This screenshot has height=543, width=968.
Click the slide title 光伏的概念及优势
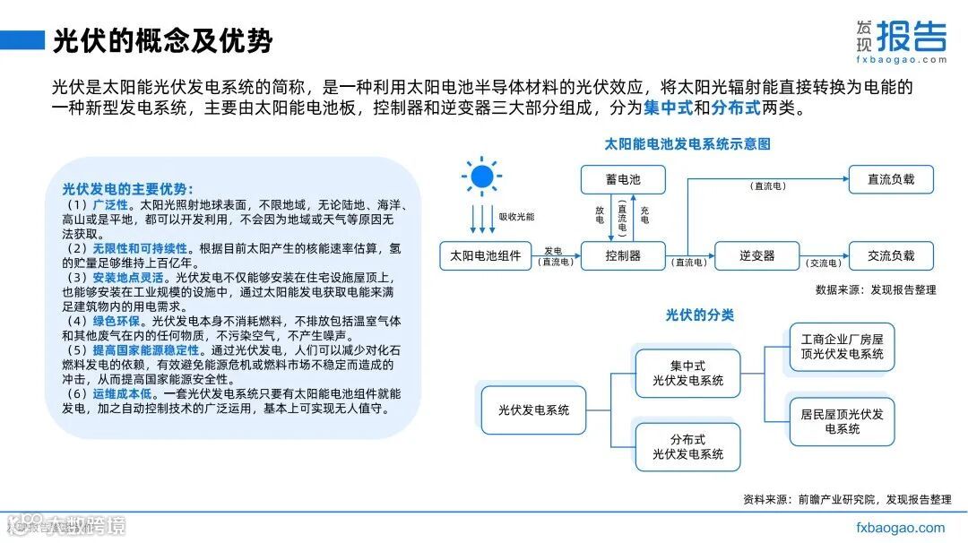[x=162, y=41]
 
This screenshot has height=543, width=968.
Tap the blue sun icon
[x=480, y=176]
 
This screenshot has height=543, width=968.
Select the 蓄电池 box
[x=623, y=179]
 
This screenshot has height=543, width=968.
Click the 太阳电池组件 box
[x=487, y=255]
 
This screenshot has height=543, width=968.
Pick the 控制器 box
[x=623, y=255]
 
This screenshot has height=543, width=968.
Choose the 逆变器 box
[x=757, y=255]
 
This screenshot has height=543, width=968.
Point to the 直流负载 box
[x=891, y=179]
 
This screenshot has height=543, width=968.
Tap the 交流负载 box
[x=891, y=255]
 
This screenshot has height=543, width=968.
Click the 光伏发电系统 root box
[x=533, y=410]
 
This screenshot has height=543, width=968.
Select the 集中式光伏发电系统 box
[x=687, y=374]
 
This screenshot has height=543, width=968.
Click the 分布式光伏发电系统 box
[x=687, y=447]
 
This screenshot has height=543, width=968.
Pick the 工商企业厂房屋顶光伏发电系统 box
[x=842, y=348]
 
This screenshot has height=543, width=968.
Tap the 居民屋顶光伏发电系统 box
[x=842, y=421]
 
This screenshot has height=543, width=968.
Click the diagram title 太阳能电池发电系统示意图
[x=687, y=143]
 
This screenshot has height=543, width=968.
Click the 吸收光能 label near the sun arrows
[x=516, y=217]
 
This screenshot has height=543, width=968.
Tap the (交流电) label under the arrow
[x=824, y=263]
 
